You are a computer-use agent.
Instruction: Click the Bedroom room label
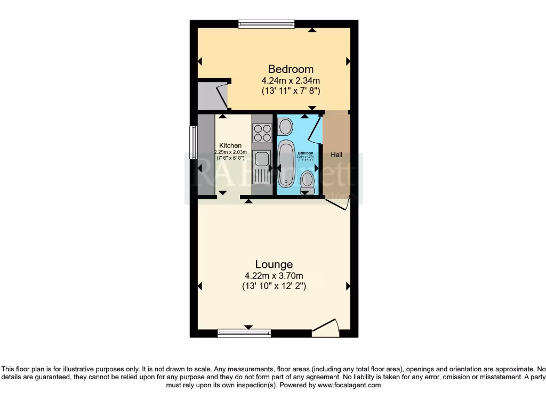(x=291, y=69)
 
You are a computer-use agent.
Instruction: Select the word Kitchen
(x=230, y=145)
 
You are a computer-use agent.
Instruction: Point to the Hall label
(x=336, y=155)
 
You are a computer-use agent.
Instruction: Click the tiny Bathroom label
(x=306, y=153)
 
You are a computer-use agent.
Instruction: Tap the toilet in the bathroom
(x=307, y=182)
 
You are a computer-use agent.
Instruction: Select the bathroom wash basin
(x=286, y=126)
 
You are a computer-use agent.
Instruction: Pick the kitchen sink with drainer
(x=262, y=166)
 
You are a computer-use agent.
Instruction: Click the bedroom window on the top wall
(x=266, y=23)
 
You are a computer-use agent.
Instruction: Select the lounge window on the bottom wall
(x=244, y=333)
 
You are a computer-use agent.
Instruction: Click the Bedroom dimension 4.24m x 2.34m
(x=291, y=80)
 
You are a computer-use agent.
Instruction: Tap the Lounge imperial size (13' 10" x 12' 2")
(x=274, y=286)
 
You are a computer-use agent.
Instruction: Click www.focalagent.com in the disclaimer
(x=349, y=385)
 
